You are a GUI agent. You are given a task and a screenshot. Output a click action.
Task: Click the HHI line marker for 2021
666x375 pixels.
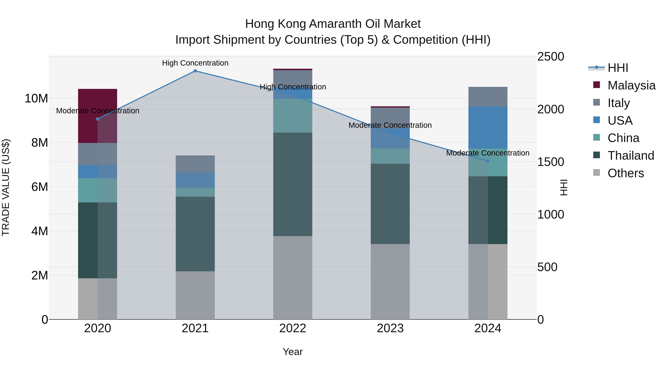[x=195, y=71]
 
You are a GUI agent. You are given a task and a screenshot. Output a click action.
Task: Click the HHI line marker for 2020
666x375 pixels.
[x=98, y=119]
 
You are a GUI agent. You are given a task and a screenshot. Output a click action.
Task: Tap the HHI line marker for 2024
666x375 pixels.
[x=488, y=161]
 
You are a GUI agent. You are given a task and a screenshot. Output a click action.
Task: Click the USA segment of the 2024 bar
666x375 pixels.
[x=488, y=127]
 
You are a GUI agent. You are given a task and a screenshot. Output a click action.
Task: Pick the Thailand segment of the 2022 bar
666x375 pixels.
[x=293, y=184]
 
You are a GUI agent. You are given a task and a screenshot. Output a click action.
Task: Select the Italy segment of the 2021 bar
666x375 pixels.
[x=195, y=164]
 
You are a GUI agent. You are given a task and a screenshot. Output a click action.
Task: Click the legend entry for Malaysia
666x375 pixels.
[x=631, y=85]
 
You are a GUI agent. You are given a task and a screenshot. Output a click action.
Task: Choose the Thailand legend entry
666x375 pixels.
[x=631, y=156]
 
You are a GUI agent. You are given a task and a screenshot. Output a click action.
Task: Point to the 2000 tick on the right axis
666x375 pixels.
[x=551, y=109]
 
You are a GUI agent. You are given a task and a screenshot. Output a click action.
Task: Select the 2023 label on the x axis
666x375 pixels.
[x=390, y=328]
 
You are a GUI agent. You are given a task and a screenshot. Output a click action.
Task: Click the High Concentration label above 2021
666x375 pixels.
[x=195, y=63]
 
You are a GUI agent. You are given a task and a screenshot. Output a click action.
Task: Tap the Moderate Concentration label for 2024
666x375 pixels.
[x=488, y=153]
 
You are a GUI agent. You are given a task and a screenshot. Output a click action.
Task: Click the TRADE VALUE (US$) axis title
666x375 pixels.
[x=6, y=187]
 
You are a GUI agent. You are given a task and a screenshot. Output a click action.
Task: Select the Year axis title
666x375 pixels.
[x=293, y=352]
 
